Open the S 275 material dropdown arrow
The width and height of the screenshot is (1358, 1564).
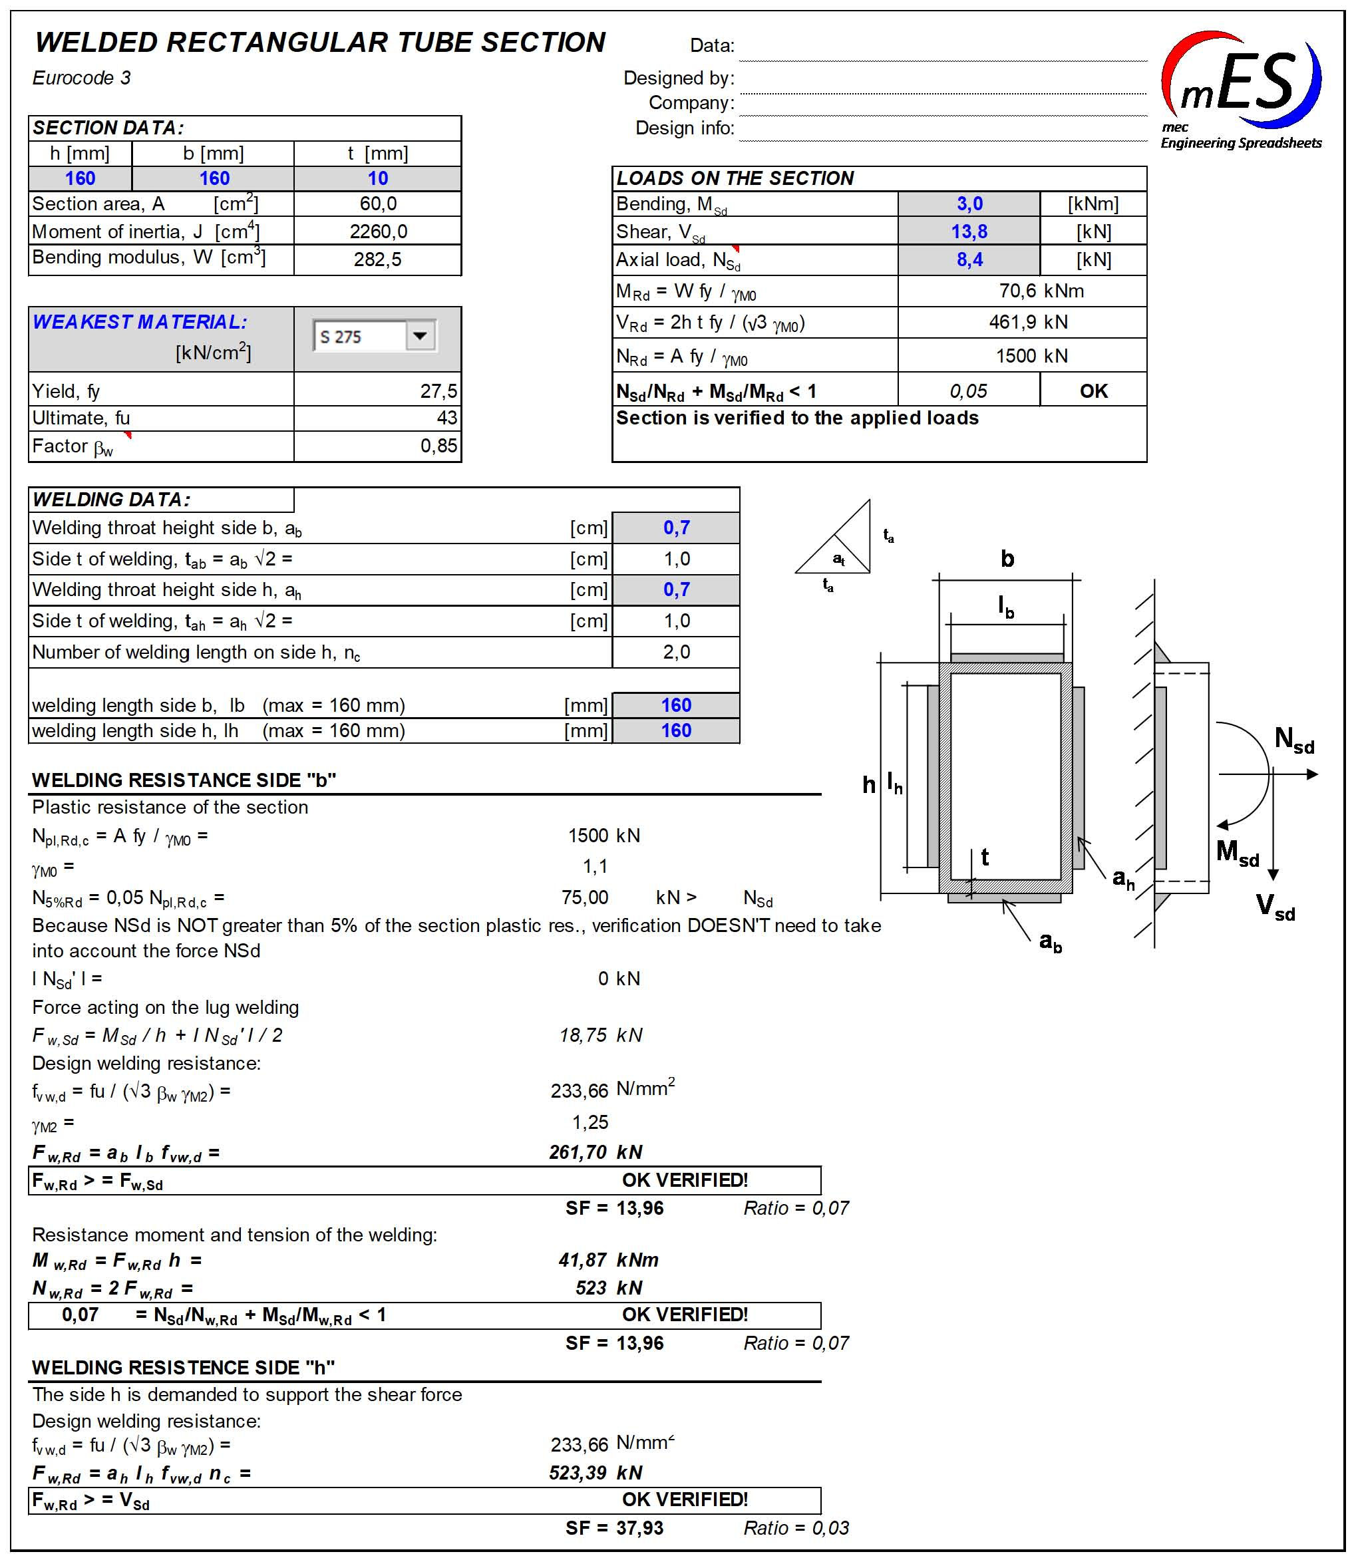421,336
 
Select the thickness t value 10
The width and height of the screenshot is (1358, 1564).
377,178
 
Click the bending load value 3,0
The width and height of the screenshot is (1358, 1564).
969,203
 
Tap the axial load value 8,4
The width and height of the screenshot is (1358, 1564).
969,259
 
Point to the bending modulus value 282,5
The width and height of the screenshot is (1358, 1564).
377,259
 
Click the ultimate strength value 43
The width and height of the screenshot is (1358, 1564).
446,418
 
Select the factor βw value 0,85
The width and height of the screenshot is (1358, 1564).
438,446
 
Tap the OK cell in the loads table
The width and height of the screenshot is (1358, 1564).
1093,391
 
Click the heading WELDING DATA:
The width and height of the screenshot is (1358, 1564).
111,500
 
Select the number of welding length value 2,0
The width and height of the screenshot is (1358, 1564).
676,652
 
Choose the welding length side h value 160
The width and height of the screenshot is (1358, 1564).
676,730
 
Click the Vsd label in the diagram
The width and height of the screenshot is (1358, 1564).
1275,905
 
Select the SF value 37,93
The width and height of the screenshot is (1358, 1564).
639,1527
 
